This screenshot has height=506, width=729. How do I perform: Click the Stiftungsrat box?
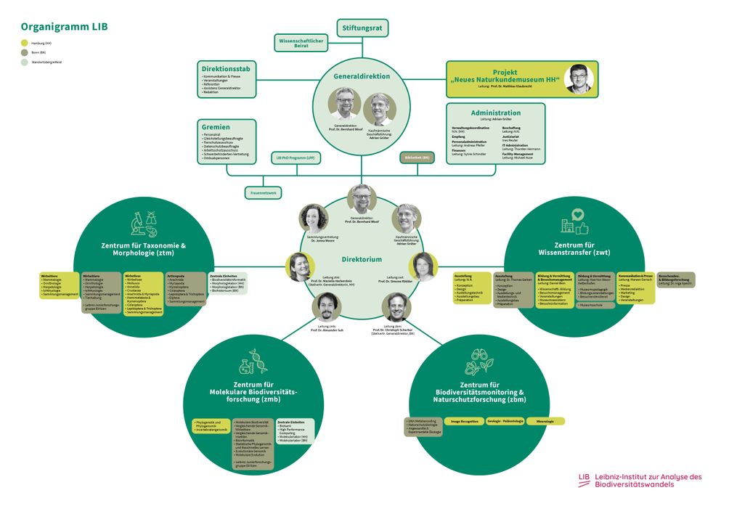363,28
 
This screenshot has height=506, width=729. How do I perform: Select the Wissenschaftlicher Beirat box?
301,43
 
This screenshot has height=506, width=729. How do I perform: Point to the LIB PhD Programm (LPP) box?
295,157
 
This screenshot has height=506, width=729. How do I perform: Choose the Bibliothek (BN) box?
417,157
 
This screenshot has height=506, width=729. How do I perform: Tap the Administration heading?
495,113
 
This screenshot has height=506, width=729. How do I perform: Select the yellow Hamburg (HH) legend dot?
24,44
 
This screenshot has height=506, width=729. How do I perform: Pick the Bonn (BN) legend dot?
24,53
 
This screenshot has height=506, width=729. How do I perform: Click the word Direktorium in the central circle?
362,259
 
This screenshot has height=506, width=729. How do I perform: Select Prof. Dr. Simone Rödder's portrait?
425,266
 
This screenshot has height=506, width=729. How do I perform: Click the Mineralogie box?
545,421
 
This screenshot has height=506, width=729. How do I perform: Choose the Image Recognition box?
465,421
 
